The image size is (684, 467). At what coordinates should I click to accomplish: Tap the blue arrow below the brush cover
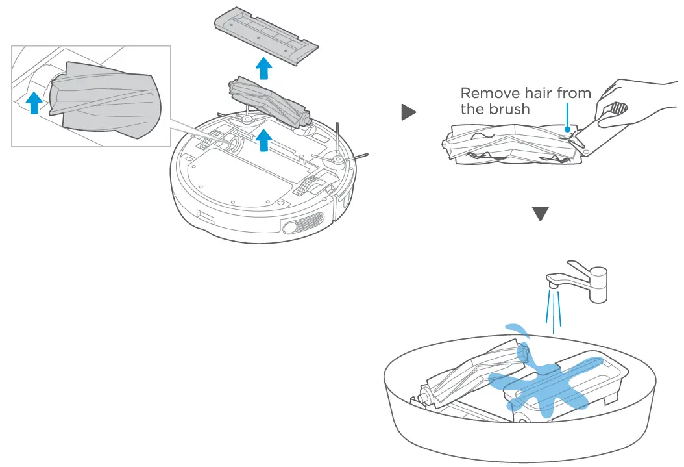[263, 68]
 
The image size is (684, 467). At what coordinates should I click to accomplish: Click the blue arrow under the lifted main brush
[263, 140]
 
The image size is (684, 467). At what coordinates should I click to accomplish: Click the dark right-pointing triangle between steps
[408, 113]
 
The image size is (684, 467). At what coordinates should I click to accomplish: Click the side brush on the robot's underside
[338, 156]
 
